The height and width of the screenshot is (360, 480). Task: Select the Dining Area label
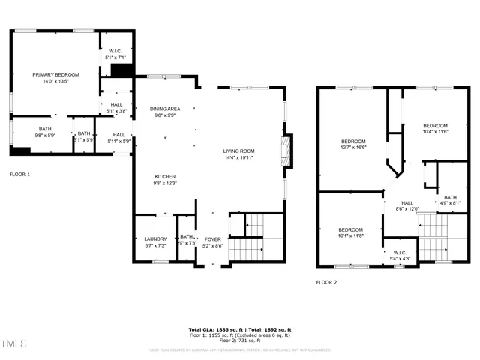coord(164,112)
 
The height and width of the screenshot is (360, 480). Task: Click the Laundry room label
coord(155,242)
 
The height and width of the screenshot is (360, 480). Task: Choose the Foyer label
coord(213,242)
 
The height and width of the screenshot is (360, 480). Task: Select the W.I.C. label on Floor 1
coord(115,54)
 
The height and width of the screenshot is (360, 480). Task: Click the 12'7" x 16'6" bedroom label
coord(353,145)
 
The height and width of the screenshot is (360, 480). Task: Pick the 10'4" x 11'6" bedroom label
coord(435,129)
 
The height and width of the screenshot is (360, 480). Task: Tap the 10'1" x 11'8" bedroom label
coord(349,233)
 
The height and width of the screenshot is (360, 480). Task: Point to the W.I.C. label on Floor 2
coord(400,256)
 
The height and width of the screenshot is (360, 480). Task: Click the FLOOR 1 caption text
coord(19,174)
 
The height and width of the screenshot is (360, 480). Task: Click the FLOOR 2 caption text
coord(326,282)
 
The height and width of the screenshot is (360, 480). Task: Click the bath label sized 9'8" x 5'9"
coord(45,132)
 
